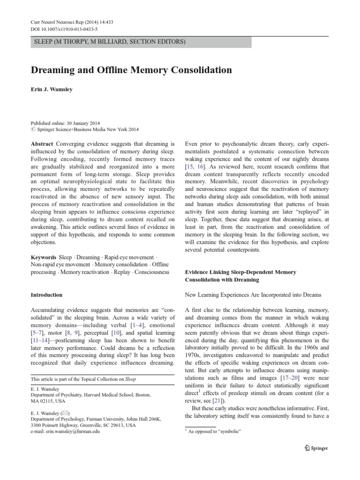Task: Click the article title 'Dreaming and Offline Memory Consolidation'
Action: point(131,70)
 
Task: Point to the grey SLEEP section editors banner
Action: point(141,42)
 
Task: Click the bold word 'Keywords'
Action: point(44,257)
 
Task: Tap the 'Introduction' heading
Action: point(46,295)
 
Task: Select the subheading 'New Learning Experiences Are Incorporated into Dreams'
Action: point(253,295)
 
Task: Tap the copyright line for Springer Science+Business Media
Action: point(87,130)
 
